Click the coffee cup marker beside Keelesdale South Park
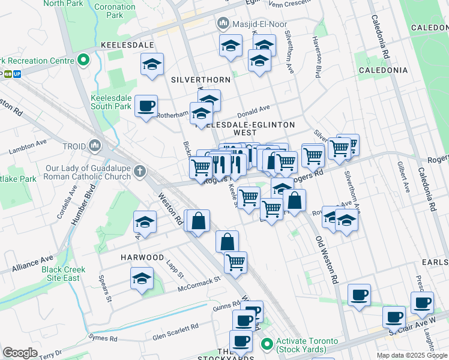tap(146, 106)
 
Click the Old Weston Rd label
tap(325, 252)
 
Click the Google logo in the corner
tap(20, 353)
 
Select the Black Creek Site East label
tap(61, 274)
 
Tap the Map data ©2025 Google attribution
tap(412, 355)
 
